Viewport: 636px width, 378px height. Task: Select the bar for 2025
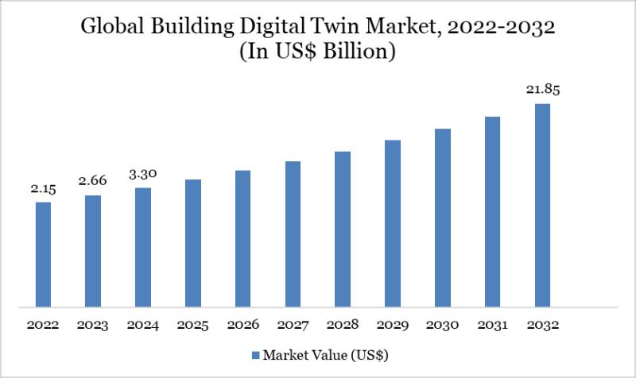click(x=193, y=242)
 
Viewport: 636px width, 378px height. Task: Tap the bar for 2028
click(x=343, y=229)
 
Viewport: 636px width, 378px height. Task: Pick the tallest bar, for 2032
click(x=542, y=205)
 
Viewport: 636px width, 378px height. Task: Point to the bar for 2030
click(x=443, y=217)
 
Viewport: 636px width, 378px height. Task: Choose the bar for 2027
click(x=293, y=233)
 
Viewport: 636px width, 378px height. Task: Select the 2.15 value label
click(x=43, y=190)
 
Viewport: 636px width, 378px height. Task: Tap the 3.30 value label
click(x=143, y=175)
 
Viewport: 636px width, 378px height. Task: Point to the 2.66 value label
click(x=93, y=182)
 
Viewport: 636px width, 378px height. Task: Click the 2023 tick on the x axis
click(x=93, y=326)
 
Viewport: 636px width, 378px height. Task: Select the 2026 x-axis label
click(x=242, y=326)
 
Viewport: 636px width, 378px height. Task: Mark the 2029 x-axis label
click(x=393, y=326)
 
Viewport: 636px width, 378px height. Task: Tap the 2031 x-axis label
click(x=493, y=326)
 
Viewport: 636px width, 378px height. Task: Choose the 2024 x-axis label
click(x=143, y=326)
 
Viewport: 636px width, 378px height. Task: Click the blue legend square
click(x=256, y=353)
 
